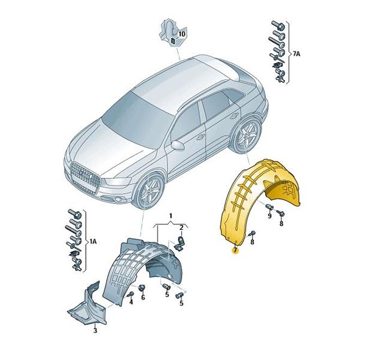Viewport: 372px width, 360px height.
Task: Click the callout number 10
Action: pyautogui.click(x=181, y=34)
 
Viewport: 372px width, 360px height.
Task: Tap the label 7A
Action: pyautogui.click(x=296, y=54)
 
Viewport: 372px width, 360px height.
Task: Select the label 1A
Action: pyautogui.click(x=92, y=242)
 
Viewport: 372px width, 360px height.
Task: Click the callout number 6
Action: pyautogui.click(x=143, y=297)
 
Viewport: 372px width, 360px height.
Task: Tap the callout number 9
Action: pyautogui.click(x=269, y=216)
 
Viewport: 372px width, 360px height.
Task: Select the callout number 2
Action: pyautogui.click(x=181, y=228)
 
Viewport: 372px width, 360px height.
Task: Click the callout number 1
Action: pyautogui.click(x=170, y=216)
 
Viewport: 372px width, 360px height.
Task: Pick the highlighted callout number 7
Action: pyautogui.click(x=235, y=250)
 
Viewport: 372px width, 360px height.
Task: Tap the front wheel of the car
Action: pyautogui.click(x=149, y=191)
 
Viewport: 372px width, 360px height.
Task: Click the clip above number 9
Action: pyautogui.click(x=269, y=207)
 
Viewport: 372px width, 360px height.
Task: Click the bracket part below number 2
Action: pyautogui.click(x=180, y=242)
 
